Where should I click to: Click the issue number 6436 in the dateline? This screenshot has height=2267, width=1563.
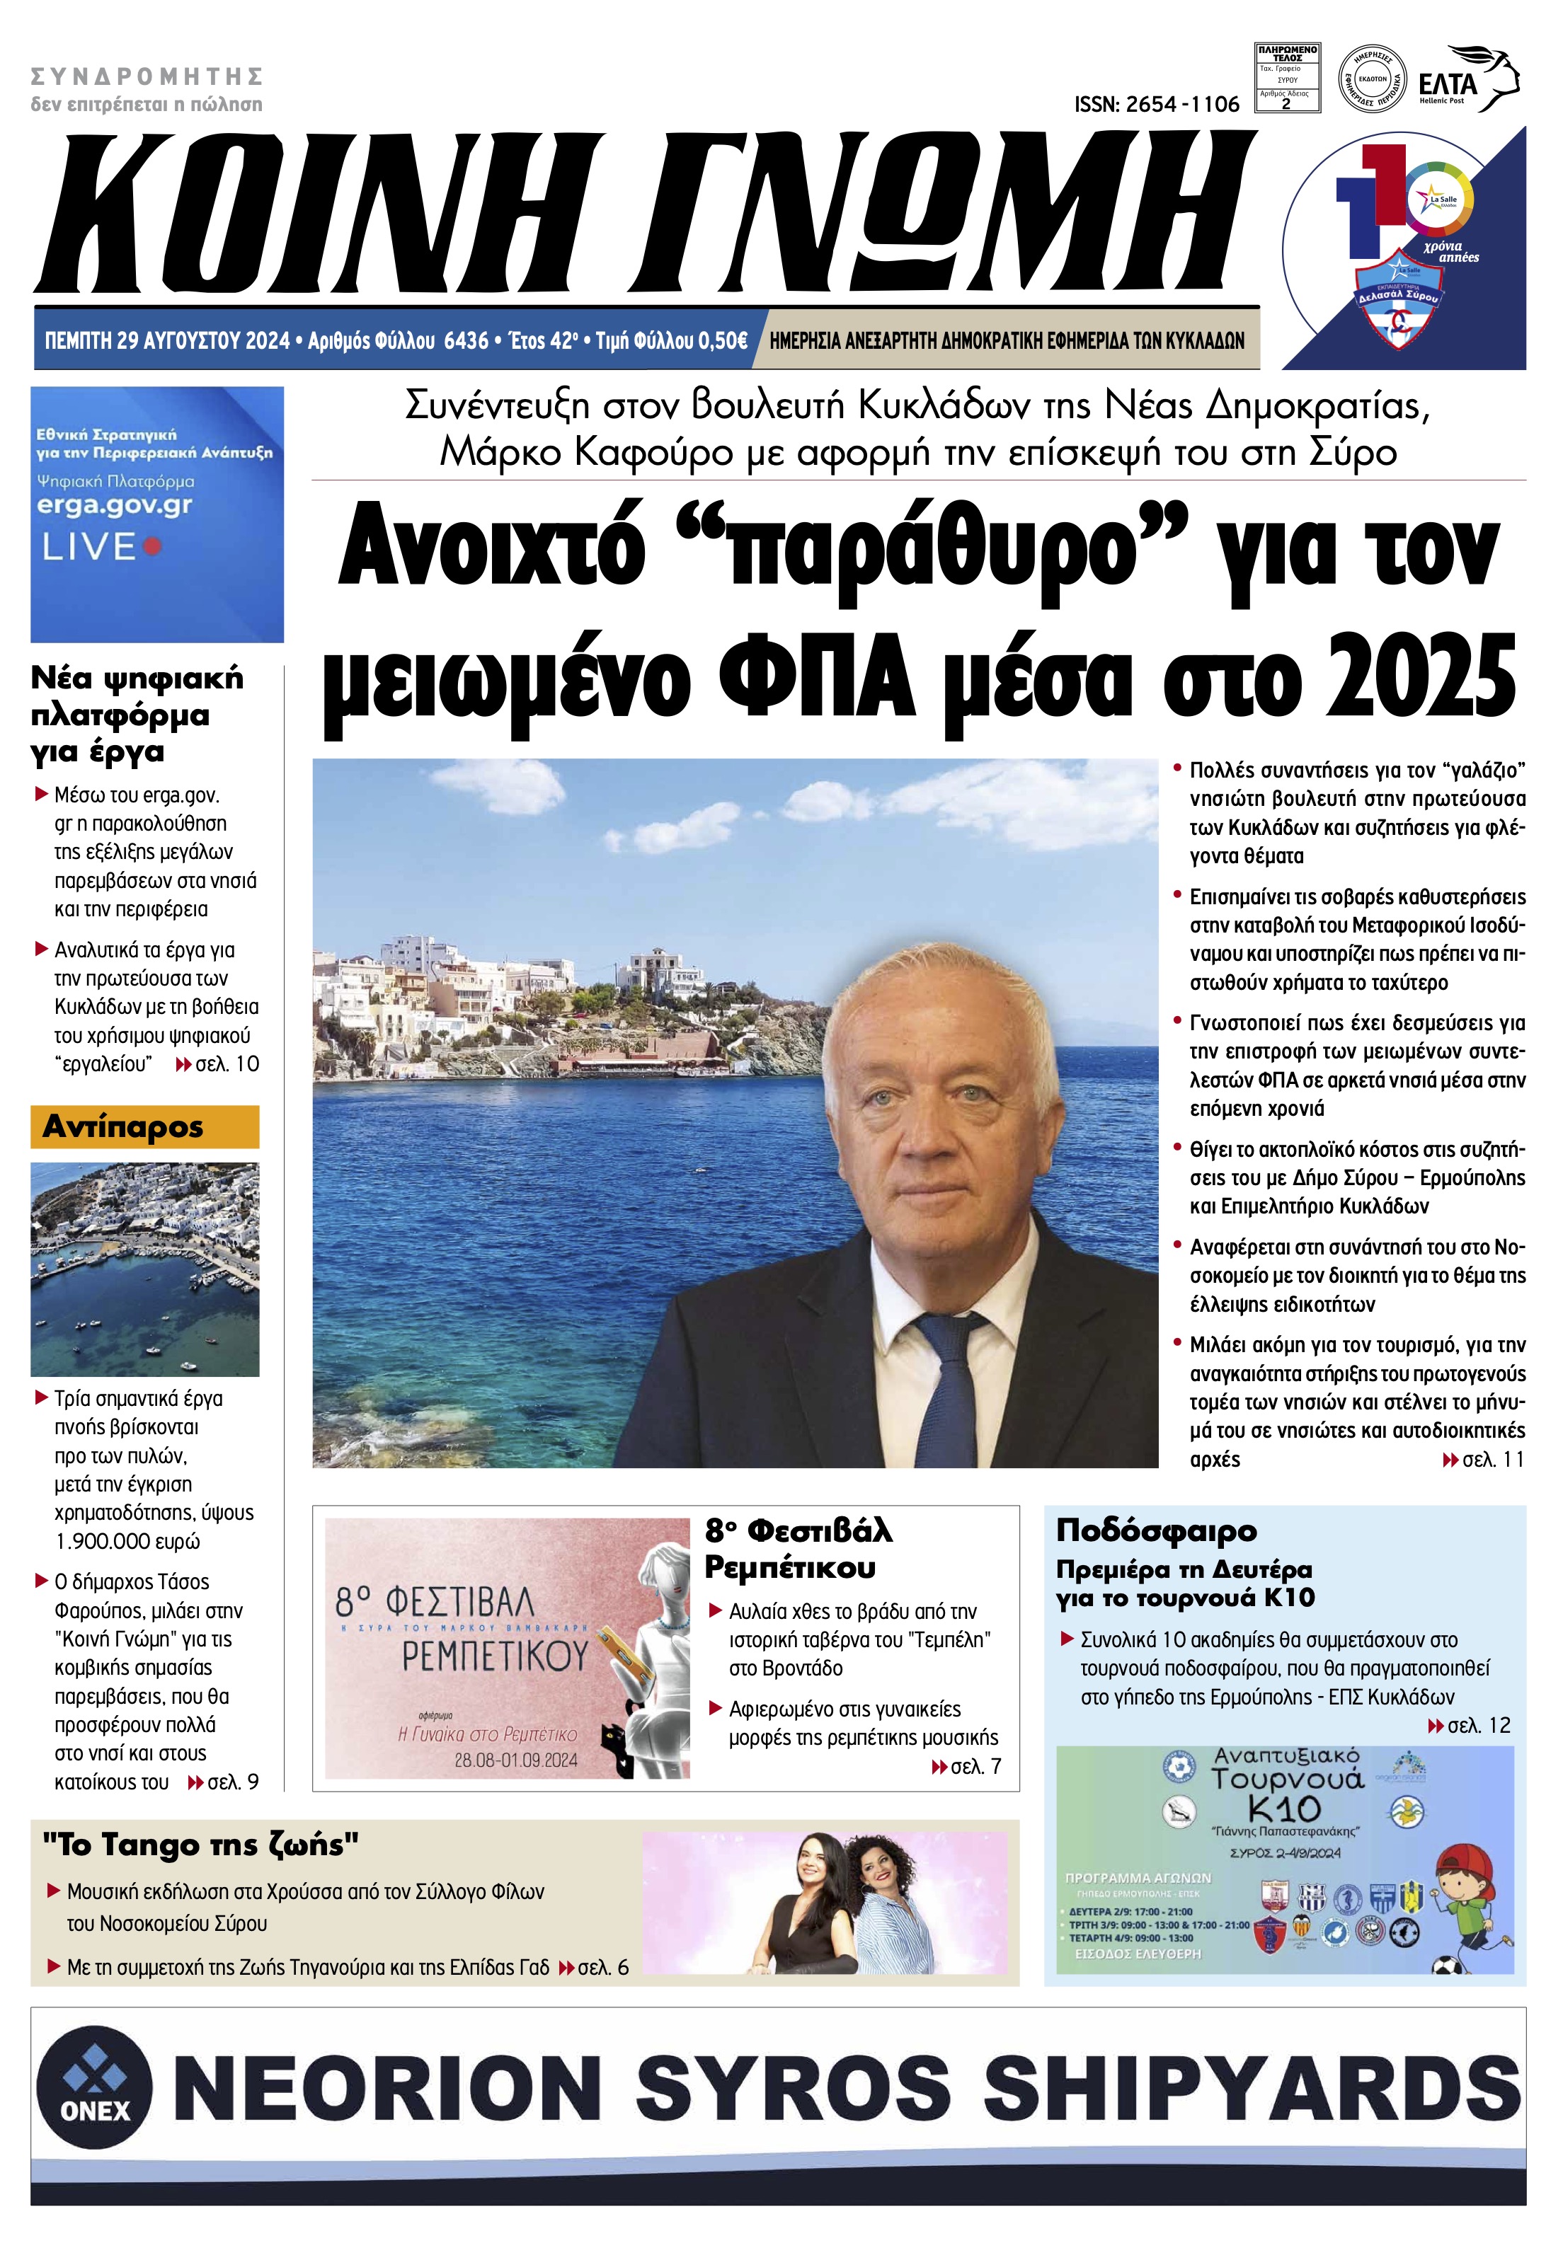(x=466, y=340)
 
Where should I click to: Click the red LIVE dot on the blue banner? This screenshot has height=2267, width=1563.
(x=151, y=546)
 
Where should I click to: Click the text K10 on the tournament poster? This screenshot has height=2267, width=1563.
(x=1284, y=1809)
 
